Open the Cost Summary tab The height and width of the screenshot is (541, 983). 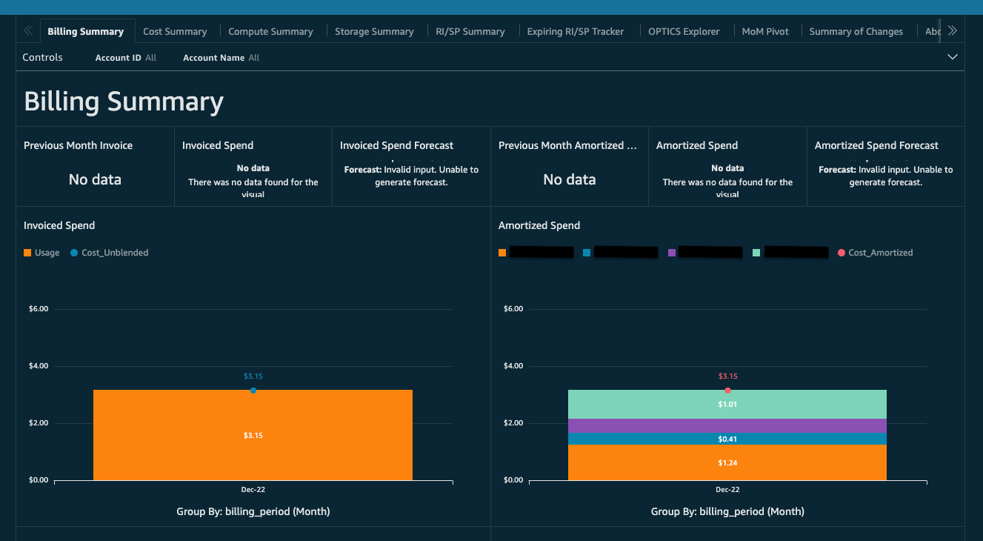click(x=175, y=31)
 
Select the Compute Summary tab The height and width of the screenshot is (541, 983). click(x=270, y=31)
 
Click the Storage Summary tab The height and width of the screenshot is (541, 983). click(x=374, y=31)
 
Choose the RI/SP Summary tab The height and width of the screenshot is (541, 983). click(x=470, y=31)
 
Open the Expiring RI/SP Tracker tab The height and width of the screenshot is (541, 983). click(x=575, y=31)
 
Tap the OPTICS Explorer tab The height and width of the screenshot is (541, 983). click(x=683, y=31)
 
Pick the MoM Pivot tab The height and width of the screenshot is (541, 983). click(x=765, y=31)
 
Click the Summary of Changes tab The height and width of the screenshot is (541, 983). click(x=856, y=31)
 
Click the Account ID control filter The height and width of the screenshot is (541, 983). click(x=125, y=58)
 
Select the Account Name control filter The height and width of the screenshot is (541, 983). click(x=221, y=58)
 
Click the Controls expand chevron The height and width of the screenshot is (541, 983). click(x=953, y=57)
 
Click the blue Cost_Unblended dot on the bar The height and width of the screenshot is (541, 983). click(x=253, y=391)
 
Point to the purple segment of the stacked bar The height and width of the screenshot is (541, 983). click(x=727, y=425)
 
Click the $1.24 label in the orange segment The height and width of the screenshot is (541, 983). click(x=727, y=462)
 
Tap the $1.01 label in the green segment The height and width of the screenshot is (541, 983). click(x=727, y=405)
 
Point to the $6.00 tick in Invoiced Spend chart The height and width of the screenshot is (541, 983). click(x=38, y=309)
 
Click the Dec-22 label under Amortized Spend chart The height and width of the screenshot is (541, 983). click(x=727, y=490)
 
